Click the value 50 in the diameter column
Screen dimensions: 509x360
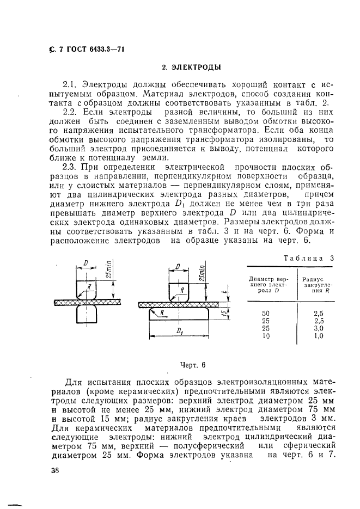[266, 313]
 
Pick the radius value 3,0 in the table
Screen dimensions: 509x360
[319, 328]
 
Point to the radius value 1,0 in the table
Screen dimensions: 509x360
[319, 336]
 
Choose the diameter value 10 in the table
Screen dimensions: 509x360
[266, 336]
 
